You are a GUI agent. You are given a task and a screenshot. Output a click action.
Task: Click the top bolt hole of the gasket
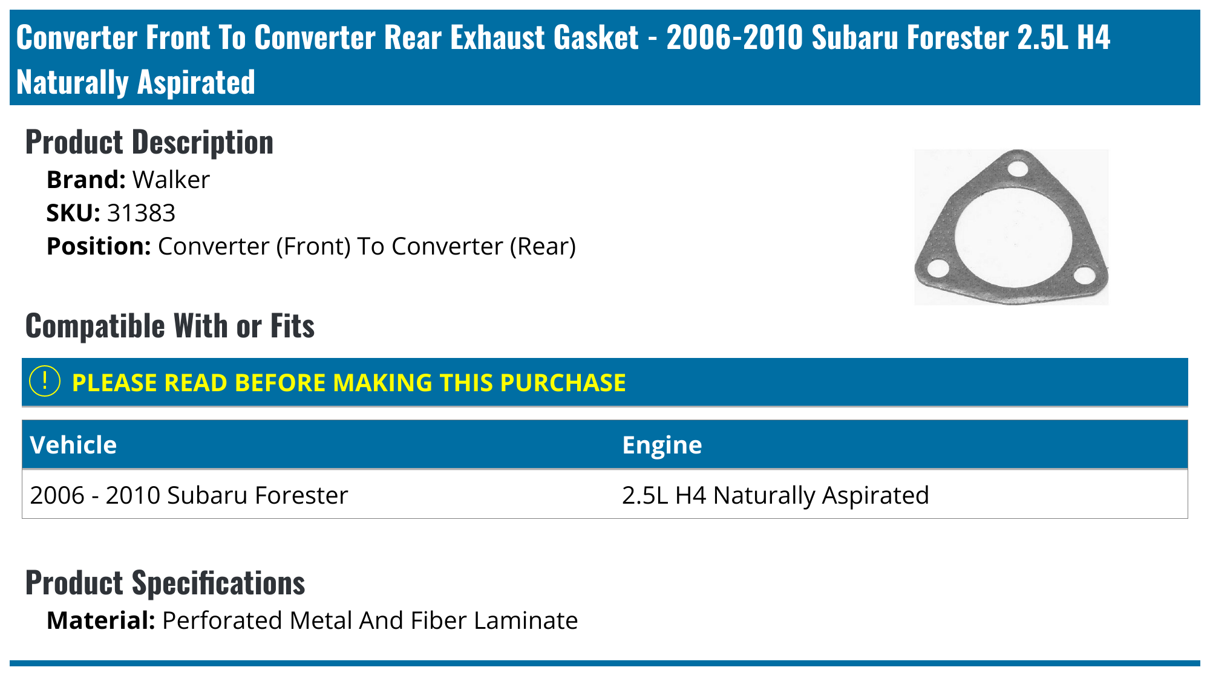click(x=1019, y=168)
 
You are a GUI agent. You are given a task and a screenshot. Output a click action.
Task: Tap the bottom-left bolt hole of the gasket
click(x=938, y=268)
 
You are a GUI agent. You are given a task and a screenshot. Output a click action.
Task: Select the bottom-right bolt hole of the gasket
click(x=1084, y=275)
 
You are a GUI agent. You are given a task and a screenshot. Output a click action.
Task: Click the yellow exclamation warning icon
click(x=45, y=382)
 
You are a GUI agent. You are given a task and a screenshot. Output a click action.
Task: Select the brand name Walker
click(x=171, y=180)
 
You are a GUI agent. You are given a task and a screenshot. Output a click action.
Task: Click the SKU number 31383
click(x=142, y=213)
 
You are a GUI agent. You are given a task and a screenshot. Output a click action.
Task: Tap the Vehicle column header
click(x=73, y=445)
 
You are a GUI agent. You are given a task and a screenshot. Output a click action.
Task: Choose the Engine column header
click(x=662, y=445)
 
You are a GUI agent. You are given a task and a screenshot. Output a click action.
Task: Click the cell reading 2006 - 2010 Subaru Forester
click(x=189, y=495)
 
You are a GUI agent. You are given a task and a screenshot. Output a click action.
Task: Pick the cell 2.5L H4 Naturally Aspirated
click(x=775, y=495)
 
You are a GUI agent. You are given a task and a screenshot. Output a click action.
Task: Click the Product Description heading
click(x=149, y=143)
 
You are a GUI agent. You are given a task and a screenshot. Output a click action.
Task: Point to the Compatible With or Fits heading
click(x=170, y=326)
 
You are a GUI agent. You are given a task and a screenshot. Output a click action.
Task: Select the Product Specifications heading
click(x=165, y=583)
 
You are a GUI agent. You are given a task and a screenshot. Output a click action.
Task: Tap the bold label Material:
click(x=101, y=621)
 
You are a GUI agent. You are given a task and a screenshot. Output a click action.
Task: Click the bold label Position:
click(x=99, y=246)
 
